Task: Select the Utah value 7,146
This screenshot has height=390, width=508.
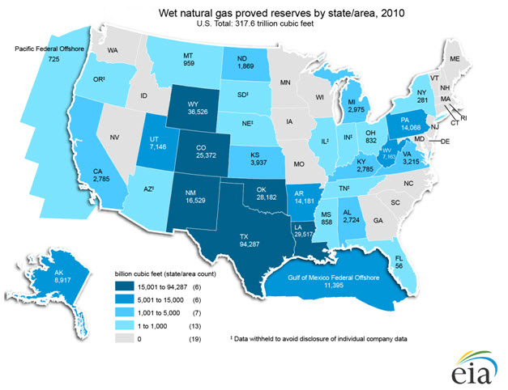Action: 155,150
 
